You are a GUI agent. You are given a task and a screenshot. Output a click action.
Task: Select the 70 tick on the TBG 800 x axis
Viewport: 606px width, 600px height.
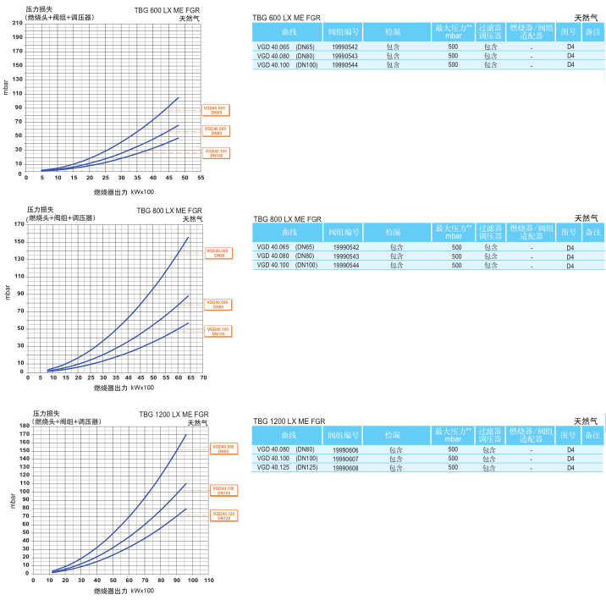203,378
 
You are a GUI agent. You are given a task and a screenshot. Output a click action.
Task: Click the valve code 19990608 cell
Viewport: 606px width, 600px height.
346,467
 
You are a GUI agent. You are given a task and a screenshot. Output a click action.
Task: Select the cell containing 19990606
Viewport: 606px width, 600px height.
346,449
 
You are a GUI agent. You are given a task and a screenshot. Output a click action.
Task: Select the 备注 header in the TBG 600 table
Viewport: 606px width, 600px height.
592,30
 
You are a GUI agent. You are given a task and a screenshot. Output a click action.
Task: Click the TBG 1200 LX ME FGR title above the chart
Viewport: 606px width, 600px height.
174,414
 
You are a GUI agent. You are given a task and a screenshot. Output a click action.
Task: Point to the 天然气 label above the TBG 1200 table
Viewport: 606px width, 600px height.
586,421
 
